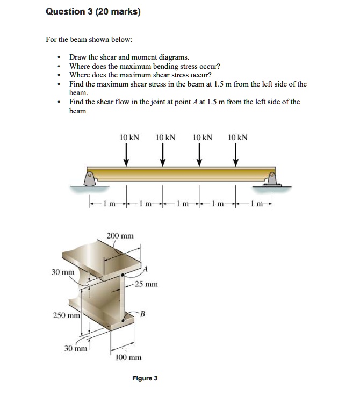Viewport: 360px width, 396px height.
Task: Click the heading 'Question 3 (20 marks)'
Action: click(x=93, y=12)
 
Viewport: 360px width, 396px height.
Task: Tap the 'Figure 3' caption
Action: click(x=145, y=378)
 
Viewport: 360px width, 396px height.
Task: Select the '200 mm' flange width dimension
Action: click(x=120, y=236)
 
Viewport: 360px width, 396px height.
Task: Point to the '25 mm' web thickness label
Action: click(x=146, y=284)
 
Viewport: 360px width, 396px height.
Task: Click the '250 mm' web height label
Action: click(x=67, y=315)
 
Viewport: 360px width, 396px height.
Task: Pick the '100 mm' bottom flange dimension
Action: click(x=128, y=358)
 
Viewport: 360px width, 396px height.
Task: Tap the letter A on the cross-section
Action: click(x=146, y=268)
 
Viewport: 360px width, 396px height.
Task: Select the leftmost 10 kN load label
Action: click(x=129, y=138)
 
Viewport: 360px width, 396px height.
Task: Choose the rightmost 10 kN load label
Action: click(x=237, y=138)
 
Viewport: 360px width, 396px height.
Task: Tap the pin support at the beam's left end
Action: click(x=92, y=178)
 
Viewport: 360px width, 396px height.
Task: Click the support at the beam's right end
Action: click(x=272, y=178)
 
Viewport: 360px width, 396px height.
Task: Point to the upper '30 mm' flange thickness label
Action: click(x=62, y=272)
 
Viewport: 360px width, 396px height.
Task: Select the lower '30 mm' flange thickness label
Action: click(x=75, y=349)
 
